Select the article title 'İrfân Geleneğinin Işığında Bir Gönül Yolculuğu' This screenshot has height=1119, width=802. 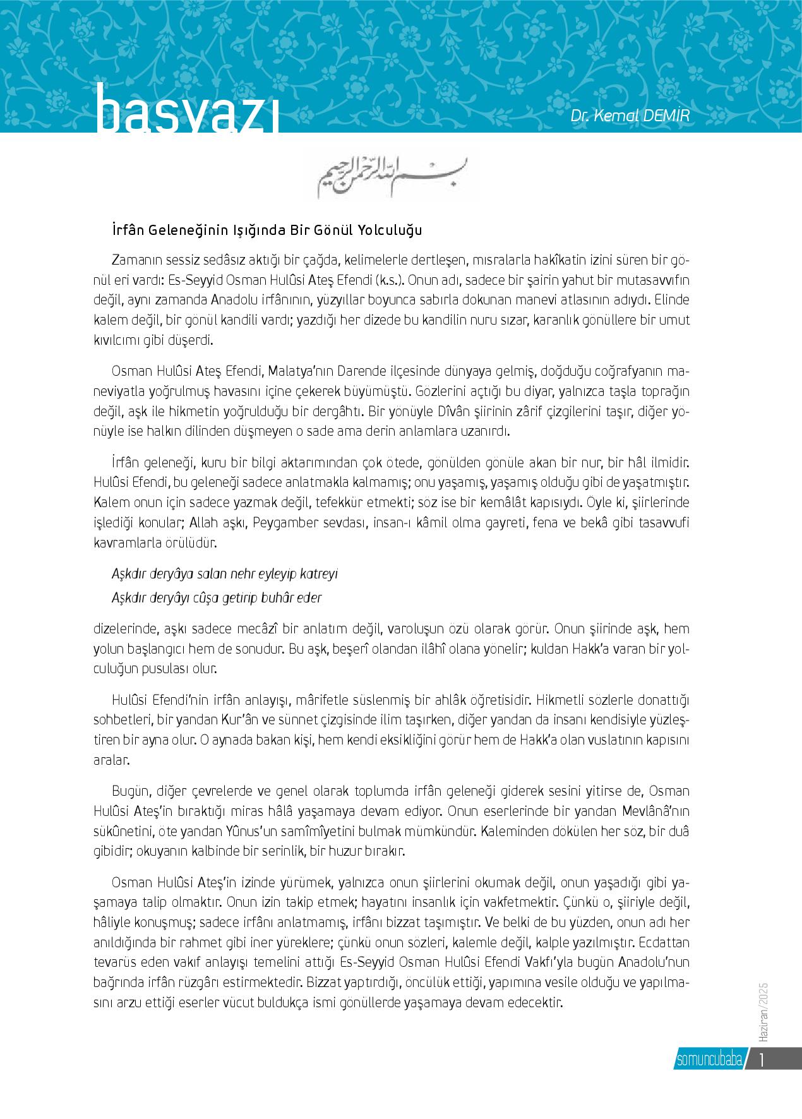click(x=266, y=230)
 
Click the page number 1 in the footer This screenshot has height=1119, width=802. click(x=763, y=1059)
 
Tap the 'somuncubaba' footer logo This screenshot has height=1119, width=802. click(x=708, y=1059)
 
